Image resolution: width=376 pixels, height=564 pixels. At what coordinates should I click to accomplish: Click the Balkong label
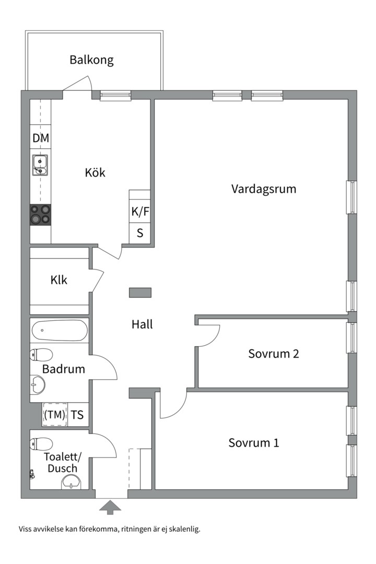click(91, 60)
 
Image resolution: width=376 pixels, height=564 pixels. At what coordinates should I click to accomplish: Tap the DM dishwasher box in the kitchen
click(41, 138)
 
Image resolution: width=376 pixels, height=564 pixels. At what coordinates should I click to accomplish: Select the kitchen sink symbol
click(40, 164)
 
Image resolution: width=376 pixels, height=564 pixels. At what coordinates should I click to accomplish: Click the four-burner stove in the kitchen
click(40, 215)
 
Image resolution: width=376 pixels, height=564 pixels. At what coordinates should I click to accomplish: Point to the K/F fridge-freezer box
click(139, 211)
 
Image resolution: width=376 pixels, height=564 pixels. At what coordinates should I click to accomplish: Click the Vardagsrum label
click(263, 189)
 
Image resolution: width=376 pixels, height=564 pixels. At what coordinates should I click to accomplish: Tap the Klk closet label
click(59, 280)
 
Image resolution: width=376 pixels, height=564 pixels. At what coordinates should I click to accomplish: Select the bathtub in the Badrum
click(59, 330)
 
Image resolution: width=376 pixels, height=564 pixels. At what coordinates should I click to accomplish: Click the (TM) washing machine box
click(55, 415)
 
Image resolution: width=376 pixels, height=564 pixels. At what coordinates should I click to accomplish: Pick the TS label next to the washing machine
click(77, 415)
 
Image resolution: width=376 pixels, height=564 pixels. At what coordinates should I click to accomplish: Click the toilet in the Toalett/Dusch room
click(41, 444)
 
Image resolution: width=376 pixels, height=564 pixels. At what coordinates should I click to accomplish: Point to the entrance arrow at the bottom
click(110, 507)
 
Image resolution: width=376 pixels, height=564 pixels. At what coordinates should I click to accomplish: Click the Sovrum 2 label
click(273, 354)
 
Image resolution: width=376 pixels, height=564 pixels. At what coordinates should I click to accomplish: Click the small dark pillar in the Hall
click(140, 292)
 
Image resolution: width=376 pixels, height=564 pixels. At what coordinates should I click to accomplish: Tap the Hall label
click(142, 324)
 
